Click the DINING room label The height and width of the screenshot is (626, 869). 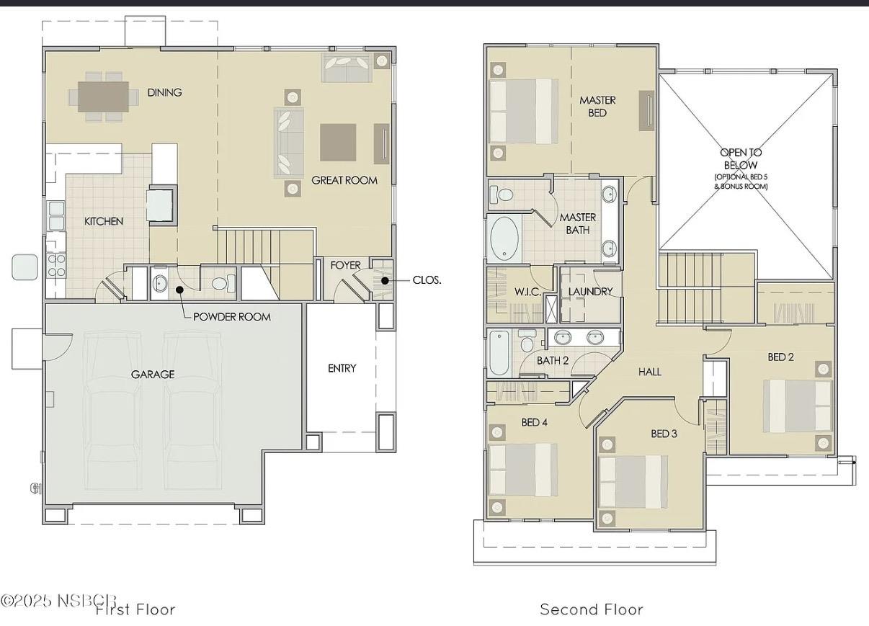pos(164,92)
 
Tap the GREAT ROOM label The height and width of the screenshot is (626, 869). pos(344,180)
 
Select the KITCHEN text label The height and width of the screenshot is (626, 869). pos(104,221)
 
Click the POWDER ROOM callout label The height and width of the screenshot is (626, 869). pos(232,316)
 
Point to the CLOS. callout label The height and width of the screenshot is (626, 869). pos(427,280)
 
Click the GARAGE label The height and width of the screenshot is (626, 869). pos(152,374)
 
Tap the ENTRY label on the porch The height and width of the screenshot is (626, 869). pos(342,368)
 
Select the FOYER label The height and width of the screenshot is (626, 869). pos(345,265)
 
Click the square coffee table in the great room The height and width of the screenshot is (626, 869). pos(338,142)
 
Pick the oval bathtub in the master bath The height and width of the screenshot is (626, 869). pos(505,239)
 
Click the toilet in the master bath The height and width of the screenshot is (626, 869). pos(502,194)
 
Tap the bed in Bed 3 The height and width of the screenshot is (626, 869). pos(632,482)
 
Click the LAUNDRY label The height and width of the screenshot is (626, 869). pos(590,291)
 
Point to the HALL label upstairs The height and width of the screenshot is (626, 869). pos(649,372)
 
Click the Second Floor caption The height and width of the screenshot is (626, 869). pos(591,609)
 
